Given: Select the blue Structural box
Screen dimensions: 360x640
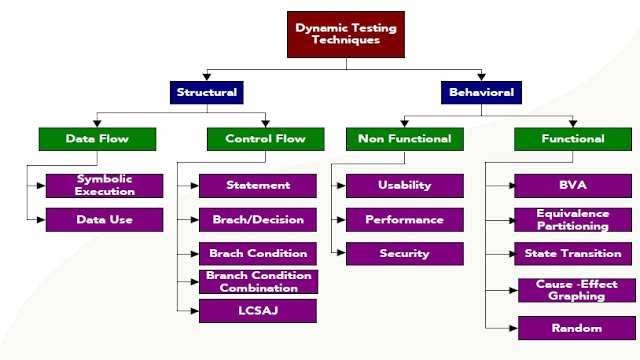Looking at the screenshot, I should click(207, 93).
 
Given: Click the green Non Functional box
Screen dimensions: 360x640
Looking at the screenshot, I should click(405, 139).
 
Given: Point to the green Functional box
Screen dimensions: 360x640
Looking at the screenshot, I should click(574, 139).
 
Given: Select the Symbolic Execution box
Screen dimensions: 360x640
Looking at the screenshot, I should click(104, 186).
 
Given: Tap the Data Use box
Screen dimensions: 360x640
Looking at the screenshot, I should click(104, 219).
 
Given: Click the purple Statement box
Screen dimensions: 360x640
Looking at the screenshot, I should click(258, 185).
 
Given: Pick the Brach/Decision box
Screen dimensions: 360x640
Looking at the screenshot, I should click(258, 219).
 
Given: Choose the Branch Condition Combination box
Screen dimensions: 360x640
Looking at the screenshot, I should click(258, 281).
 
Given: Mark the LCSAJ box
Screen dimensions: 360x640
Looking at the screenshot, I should click(258, 311).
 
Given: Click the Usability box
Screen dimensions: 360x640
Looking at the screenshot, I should click(404, 186).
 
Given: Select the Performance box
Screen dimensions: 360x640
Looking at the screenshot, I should click(404, 219).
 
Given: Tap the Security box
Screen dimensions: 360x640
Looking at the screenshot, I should click(404, 253).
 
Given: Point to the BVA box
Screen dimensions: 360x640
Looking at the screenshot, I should click(574, 186).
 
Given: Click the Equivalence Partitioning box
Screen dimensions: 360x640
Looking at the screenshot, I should click(574, 219).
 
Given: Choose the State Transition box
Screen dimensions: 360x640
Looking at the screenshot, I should click(574, 253).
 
